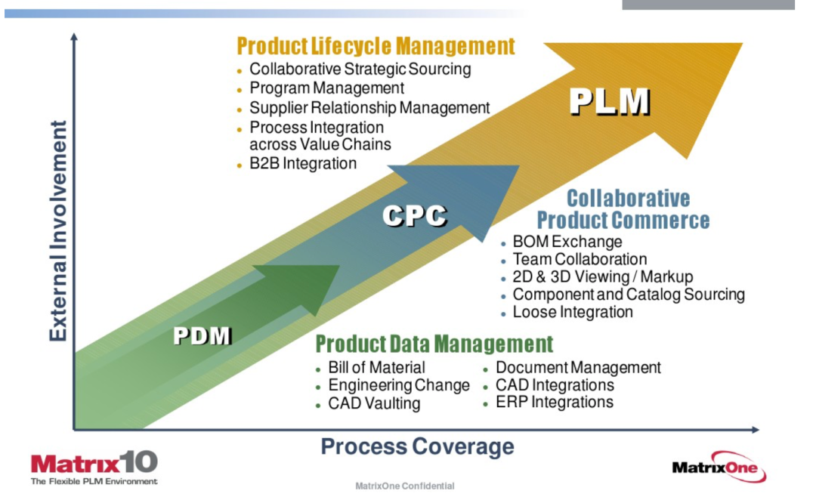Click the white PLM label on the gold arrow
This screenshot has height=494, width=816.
tap(610, 101)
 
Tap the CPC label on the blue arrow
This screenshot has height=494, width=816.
tap(415, 216)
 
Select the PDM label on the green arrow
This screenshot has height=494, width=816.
tap(202, 335)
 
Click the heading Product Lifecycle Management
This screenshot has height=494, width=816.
tap(376, 46)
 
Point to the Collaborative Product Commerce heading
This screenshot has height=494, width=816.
tap(623, 209)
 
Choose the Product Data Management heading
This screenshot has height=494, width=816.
tap(434, 344)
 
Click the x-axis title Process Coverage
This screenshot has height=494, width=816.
tap(417, 446)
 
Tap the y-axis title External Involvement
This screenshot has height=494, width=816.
tap(58, 230)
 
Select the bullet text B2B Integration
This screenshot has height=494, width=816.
tap(303, 163)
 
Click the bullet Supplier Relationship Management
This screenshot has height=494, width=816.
tap(369, 108)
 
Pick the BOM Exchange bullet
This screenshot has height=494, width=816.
tap(567, 242)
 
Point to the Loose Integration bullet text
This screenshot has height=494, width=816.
tap(573, 312)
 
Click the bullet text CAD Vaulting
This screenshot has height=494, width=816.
tap(374, 403)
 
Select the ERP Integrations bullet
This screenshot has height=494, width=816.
tap(555, 402)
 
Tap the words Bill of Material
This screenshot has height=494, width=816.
tap(376, 368)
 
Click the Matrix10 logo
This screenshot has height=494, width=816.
tap(94, 468)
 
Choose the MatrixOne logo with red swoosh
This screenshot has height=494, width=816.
tap(719, 467)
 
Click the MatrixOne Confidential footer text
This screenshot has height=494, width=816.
tap(404, 486)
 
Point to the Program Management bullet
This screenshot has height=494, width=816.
tap(327, 88)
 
